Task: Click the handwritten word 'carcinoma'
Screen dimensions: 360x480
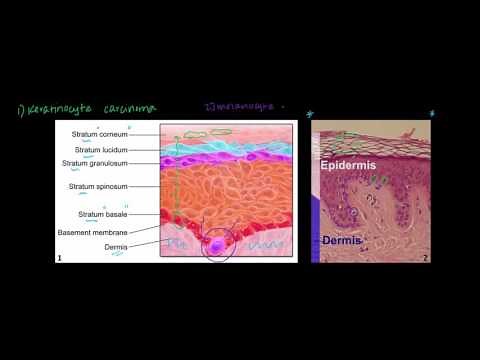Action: pyautogui.click(x=126, y=109)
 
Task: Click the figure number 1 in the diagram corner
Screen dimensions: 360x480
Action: pyautogui.click(x=61, y=258)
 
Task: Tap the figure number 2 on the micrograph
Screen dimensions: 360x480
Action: pyautogui.click(x=425, y=257)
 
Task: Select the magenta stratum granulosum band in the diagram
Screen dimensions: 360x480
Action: pyautogui.click(x=230, y=161)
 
